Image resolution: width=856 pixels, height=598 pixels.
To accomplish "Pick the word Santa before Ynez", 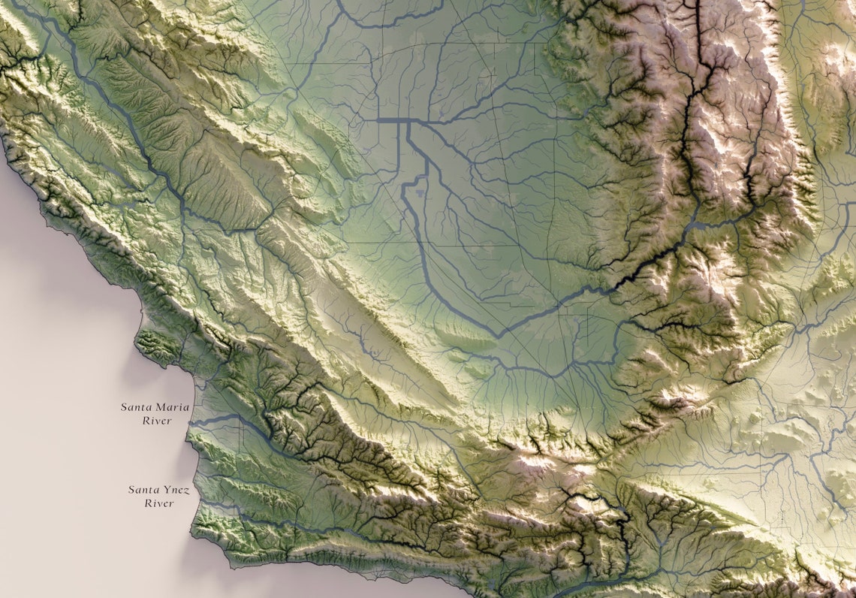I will click(x=144, y=490).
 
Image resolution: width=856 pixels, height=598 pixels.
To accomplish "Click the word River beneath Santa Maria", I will click(x=158, y=421).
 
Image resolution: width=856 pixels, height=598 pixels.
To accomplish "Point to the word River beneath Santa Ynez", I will click(x=159, y=503).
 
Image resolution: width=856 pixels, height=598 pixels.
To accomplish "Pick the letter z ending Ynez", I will click(x=187, y=491).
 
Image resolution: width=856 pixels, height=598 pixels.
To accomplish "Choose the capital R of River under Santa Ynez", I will click(x=148, y=503).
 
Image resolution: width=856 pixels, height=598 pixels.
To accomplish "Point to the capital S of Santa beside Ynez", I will click(x=131, y=490).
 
